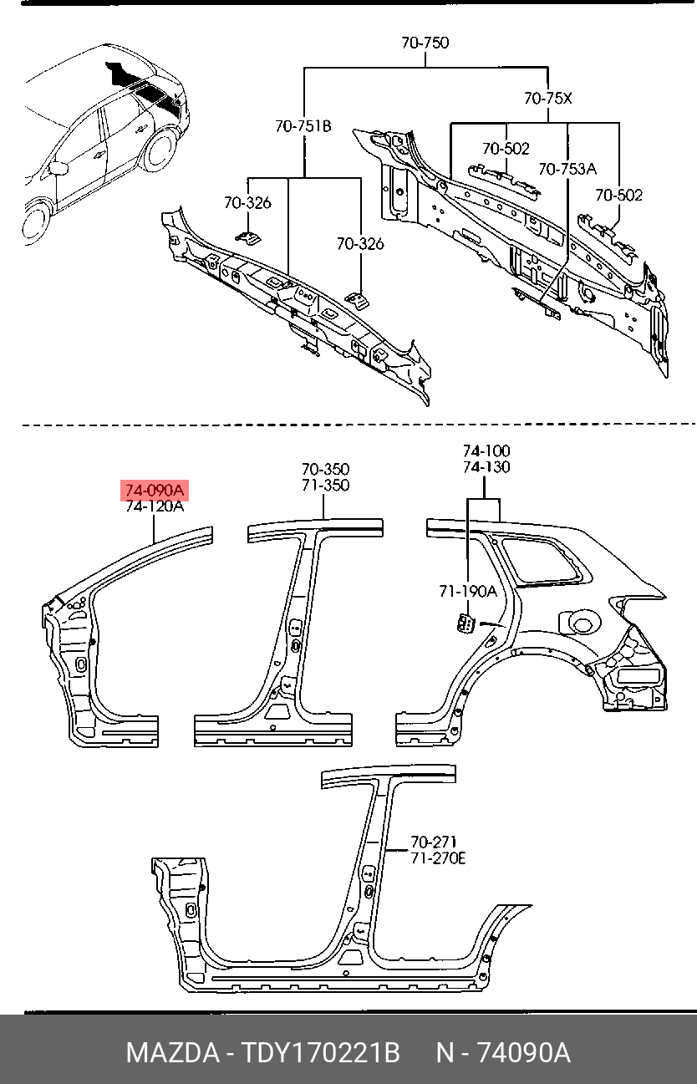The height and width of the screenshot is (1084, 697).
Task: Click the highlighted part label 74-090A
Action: [155, 490]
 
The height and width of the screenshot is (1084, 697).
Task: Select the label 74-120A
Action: [155, 506]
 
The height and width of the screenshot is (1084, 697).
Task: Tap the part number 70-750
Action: [425, 43]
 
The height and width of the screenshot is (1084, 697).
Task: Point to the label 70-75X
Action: [548, 99]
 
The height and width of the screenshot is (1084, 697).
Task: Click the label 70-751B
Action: [303, 126]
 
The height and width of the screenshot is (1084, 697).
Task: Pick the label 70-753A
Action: [567, 169]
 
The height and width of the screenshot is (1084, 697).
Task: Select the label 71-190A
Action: [468, 591]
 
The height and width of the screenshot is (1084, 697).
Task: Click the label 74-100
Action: [486, 451]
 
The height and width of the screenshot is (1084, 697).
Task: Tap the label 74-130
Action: [486, 467]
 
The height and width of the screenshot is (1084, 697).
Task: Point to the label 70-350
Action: [325, 470]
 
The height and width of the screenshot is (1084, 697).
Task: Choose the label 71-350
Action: [325, 486]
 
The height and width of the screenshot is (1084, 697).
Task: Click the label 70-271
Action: [433, 842]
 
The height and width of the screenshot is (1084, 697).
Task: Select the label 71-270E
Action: [437, 858]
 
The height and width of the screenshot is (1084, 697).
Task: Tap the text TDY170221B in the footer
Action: [320, 1052]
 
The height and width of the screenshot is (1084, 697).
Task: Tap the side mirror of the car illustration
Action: [59, 168]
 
